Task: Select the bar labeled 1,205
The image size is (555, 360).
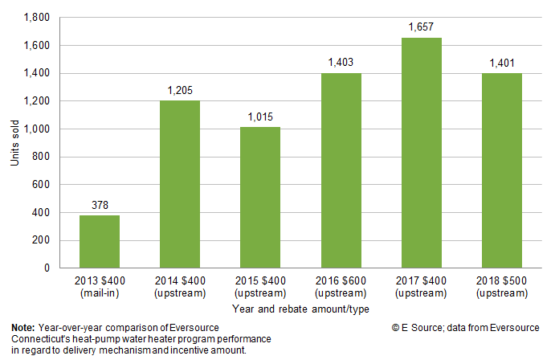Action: click(181, 184)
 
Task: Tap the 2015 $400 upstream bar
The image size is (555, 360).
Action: click(261, 197)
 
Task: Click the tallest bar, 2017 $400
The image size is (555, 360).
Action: click(422, 153)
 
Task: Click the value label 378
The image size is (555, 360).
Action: click(100, 207)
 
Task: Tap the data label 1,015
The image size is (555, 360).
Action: click(261, 118)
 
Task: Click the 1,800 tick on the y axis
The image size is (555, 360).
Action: click(37, 18)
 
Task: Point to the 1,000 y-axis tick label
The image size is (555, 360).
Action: click(37, 129)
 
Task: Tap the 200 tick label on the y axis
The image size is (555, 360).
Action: click(42, 240)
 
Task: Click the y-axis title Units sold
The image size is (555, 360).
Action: click(14, 143)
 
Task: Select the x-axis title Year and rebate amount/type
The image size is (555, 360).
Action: click(301, 309)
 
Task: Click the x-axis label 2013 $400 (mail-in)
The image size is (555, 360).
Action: click(100, 288)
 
